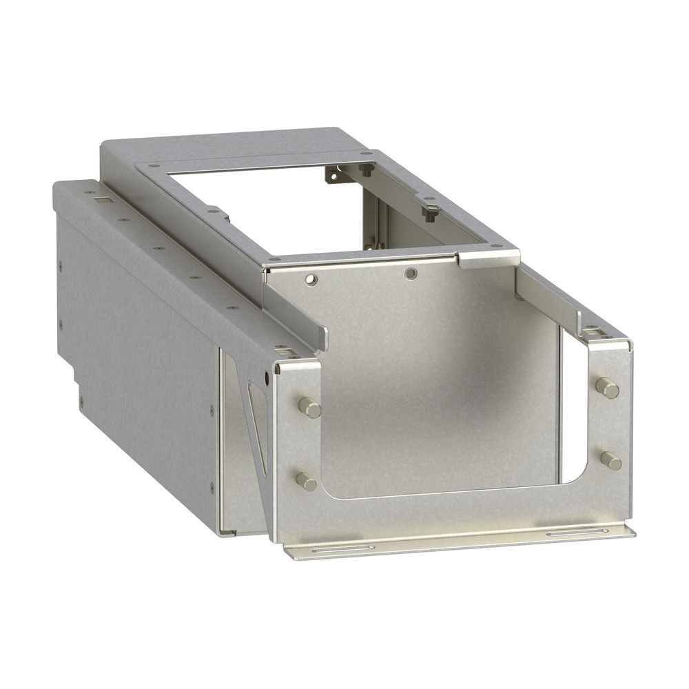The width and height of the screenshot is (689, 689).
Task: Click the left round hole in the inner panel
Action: pyautogui.click(x=311, y=280)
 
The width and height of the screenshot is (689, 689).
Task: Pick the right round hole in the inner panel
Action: pyautogui.click(x=411, y=273)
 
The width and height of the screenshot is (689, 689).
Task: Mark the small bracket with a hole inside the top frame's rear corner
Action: pyautogui.click(x=333, y=176)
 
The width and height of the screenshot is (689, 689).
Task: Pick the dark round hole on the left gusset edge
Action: pyautogui.click(x=267, y=378)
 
